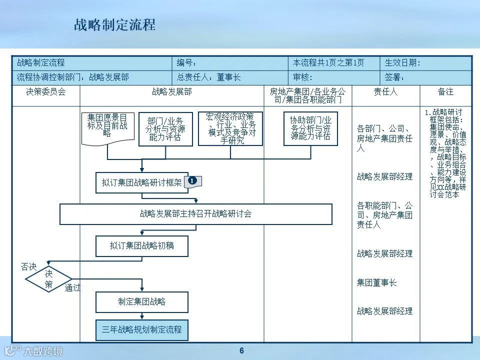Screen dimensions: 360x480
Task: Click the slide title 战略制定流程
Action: click(114, 25)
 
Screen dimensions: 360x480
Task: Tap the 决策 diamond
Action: click(48, 279)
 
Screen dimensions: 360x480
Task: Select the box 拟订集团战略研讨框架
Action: click(142, 182)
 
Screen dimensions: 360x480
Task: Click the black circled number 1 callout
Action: click(193, 181)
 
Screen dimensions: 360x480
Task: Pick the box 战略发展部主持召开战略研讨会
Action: click(196, 214)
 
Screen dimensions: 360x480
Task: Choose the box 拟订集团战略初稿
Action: click(142, 246)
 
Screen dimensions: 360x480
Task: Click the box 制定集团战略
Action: click(142, 302)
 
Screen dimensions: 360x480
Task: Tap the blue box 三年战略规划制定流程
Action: click(142, 330)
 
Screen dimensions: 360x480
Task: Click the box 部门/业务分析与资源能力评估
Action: click(165, 129)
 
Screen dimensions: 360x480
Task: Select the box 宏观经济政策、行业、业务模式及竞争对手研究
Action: click(230, 128)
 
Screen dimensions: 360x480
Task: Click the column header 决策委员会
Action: click(46, 92)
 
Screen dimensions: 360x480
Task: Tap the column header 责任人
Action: click(385, 92)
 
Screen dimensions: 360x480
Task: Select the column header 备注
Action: click(445, 92)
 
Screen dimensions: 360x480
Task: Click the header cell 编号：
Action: click(187, 63)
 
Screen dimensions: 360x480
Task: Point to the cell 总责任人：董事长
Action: click(208, 77)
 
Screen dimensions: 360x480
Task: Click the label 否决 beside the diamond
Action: click(28, 267)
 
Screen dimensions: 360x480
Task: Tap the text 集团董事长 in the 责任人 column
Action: click(376, 282)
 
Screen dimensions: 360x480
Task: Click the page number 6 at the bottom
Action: click(241, 350)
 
